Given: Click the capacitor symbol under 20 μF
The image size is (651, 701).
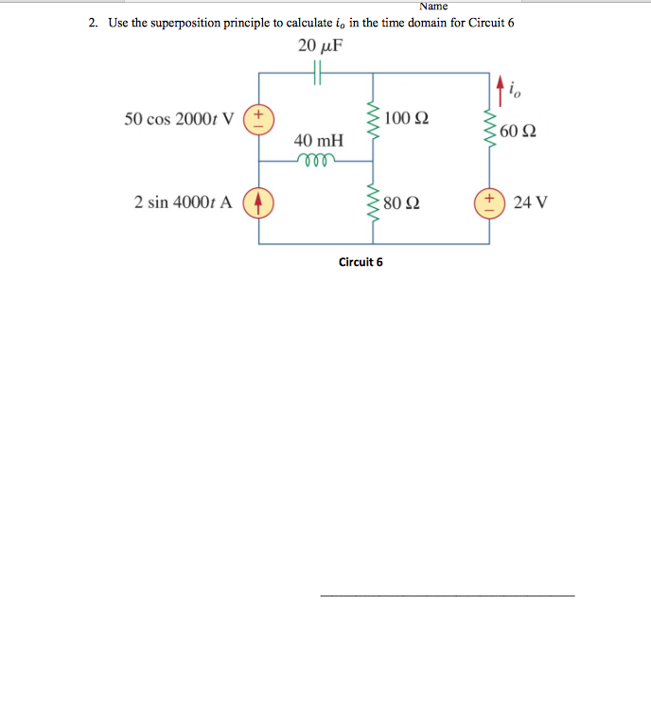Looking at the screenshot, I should pos(318,73).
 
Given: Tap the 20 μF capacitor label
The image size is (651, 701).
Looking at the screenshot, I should pos(320,45).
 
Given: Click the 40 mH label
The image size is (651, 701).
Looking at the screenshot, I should pos(318,140).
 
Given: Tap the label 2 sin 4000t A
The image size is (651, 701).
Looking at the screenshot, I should pos(183,202).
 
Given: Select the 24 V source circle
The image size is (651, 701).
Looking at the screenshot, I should pos(490,202).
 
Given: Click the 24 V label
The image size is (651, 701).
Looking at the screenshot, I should pos(531,202).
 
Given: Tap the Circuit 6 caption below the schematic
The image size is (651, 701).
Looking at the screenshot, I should pos(361,261).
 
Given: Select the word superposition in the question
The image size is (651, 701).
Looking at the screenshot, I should pos(195,23).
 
